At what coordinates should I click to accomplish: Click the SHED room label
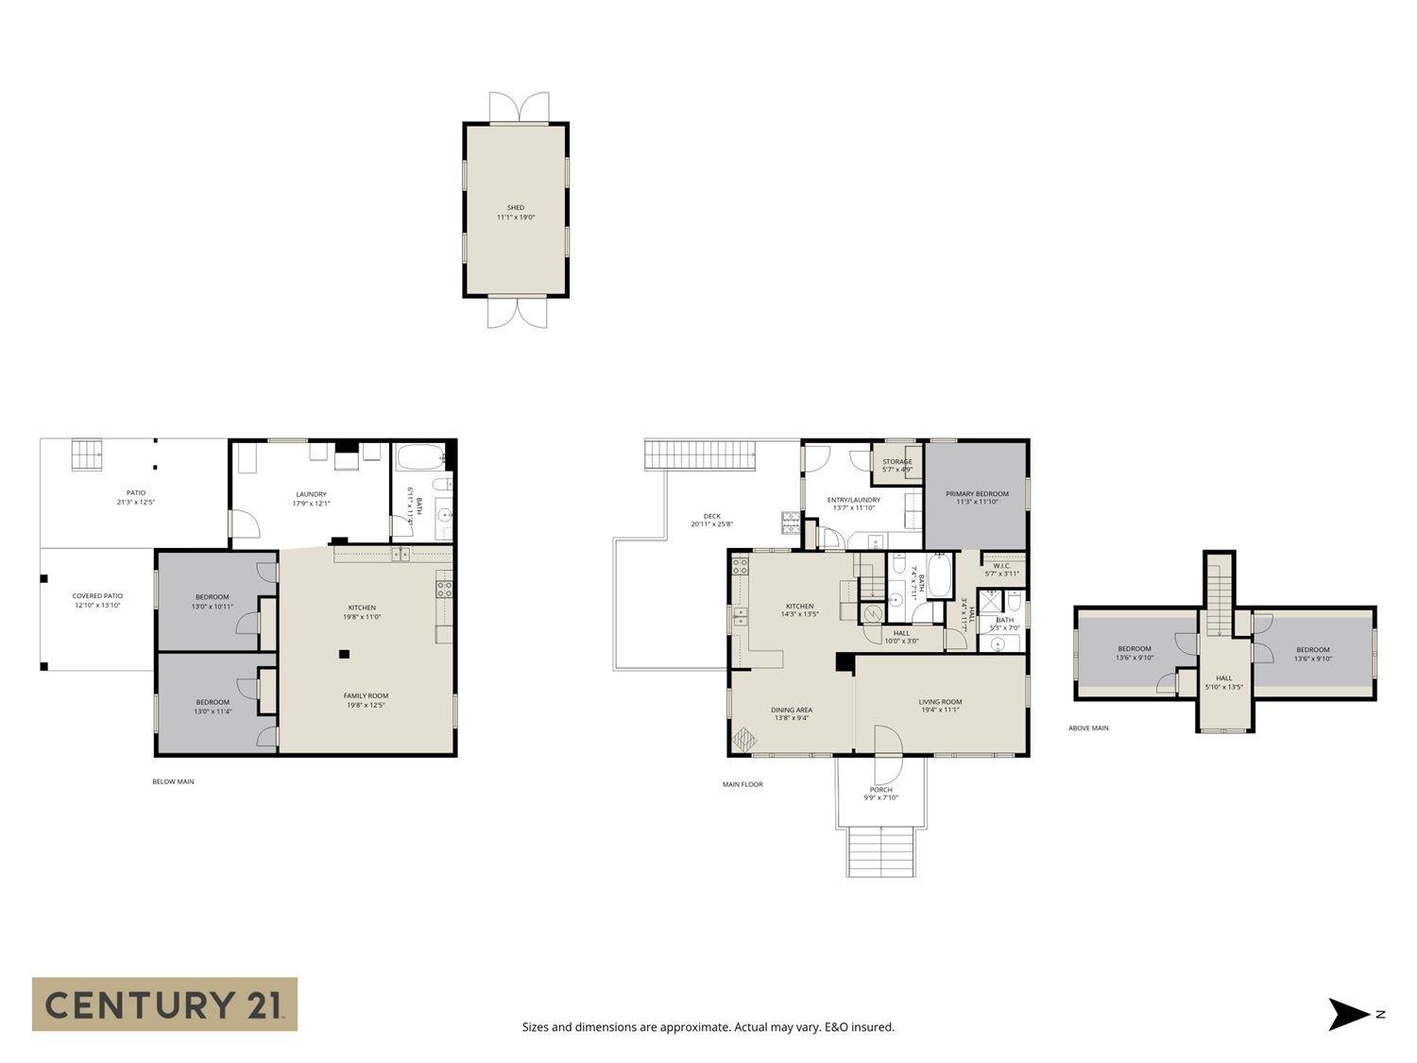click(x=515, y=208)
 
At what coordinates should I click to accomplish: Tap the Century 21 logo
click(x=164, y=1003)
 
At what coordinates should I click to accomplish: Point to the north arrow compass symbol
click(x=1349, y=1014)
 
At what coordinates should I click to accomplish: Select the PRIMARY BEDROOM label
click(x=977, y=493)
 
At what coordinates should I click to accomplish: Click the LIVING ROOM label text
click(x=940, y=701)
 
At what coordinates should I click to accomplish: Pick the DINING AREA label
click(x=791, y=710)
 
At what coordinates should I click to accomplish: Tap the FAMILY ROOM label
click(x=366, y=695)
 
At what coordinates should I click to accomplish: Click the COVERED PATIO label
click(x=97, y=595)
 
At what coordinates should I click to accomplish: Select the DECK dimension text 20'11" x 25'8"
click(x=711, y=524)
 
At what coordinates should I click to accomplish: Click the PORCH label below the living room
click(x=880, y=790)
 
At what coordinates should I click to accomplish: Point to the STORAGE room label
click(x=896, y=462)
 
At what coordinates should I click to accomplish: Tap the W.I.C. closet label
click(x=1001, y=566)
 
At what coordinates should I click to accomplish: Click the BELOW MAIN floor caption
click(x=173, y=781)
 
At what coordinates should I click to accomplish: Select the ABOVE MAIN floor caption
click(x=1088, y=728)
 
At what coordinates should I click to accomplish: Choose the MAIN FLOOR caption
click(x=743, y=784)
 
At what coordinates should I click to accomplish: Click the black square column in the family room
click(x=345, y=653)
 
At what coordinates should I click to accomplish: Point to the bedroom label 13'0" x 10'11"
click(x=213, y=606)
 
